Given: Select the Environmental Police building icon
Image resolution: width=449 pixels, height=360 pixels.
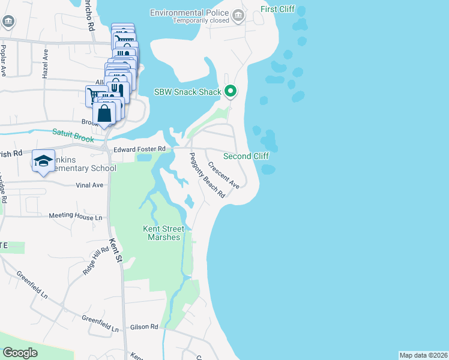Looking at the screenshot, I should click(238, 15).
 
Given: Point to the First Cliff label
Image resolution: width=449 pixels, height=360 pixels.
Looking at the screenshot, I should click(277, 10).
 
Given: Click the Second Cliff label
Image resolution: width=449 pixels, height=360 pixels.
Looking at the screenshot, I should click(246, 156).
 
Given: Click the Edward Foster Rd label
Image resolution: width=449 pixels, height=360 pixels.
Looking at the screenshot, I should click(139, 149).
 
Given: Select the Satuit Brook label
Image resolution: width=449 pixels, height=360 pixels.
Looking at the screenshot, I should click(74, 134).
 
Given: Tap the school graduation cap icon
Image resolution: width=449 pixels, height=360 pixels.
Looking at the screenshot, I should click(43, 160).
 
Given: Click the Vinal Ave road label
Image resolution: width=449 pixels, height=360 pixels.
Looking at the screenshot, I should click(90, 185).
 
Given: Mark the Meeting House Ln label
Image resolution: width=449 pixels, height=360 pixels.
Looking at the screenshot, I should click(76, 216).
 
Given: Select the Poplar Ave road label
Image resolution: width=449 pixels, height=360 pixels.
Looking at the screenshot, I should click(4, 61).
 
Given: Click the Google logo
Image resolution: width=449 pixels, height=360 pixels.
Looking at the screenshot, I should click(20, 353).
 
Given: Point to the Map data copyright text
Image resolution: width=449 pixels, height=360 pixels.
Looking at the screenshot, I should click(423, 355).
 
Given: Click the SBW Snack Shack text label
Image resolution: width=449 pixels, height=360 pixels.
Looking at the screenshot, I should click(188, 92).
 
